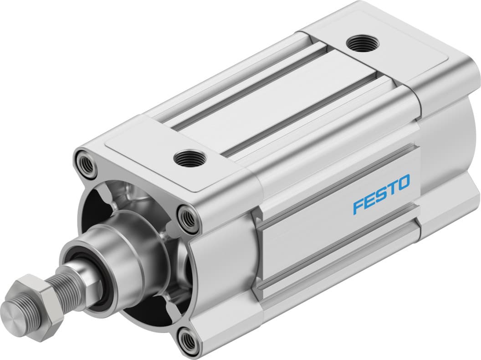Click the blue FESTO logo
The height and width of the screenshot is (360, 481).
click(381, 194)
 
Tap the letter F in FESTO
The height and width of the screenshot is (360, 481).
click(358, 206)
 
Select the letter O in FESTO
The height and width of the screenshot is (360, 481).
click(403, 182)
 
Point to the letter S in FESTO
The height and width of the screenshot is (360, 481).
click(381, 194)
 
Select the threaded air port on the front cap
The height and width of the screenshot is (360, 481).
click(189, 158)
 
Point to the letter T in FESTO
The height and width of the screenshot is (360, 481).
click(392, 188)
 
